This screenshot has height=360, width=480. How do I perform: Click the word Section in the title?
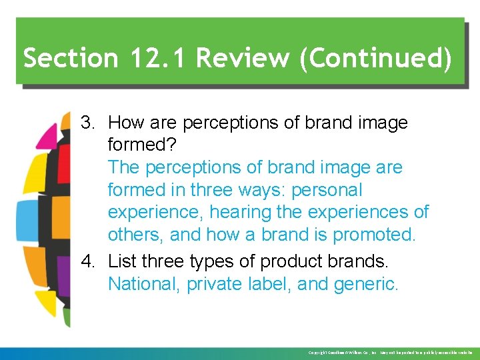click(62, 59)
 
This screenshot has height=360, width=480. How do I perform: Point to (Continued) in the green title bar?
click(376, 59)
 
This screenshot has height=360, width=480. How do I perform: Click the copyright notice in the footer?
click(390, 352)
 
